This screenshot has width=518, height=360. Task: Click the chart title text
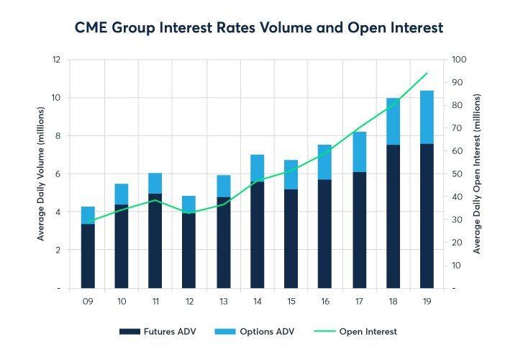tap(259, 27)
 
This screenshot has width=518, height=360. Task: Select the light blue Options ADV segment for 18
tap(394, 121)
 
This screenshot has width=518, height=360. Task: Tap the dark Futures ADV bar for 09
tap(88, 256)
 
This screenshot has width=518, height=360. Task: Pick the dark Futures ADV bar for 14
tap(258, 235)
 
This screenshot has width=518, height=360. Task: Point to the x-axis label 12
tap(190, 302)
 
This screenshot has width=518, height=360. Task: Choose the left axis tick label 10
tap(58, 97)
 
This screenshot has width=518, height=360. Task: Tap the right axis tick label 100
tap(458, 59)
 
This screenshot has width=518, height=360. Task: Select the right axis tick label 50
tap(456, 174)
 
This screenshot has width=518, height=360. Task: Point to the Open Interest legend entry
tap(356, 332)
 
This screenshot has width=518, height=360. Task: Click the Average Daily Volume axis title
tap(40, 174)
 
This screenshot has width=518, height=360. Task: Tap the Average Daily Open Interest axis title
tap(478, 174)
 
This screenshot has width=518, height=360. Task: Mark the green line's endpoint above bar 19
tap(427, 73)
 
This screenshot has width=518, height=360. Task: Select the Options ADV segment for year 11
tap(156, 183)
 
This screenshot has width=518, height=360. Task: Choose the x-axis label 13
tap(224, 302)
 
